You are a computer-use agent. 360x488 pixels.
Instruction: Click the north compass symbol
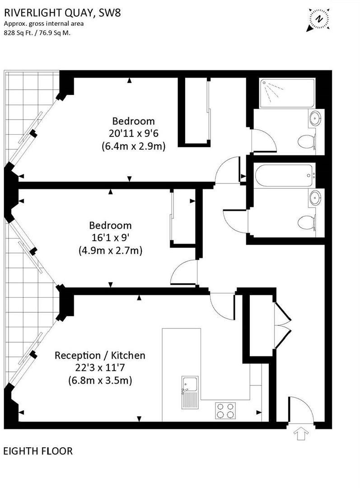(319, 19)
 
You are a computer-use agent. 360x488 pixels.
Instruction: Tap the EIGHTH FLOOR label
(38, 450)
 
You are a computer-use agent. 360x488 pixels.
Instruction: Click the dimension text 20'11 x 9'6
(133, 134)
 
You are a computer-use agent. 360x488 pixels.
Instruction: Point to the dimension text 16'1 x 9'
(110, 238)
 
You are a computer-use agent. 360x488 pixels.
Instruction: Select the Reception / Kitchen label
(100, 355)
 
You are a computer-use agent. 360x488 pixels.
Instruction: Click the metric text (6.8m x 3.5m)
(100, 380)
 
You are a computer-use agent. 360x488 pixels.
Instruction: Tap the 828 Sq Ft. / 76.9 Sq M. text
(37, 32)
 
